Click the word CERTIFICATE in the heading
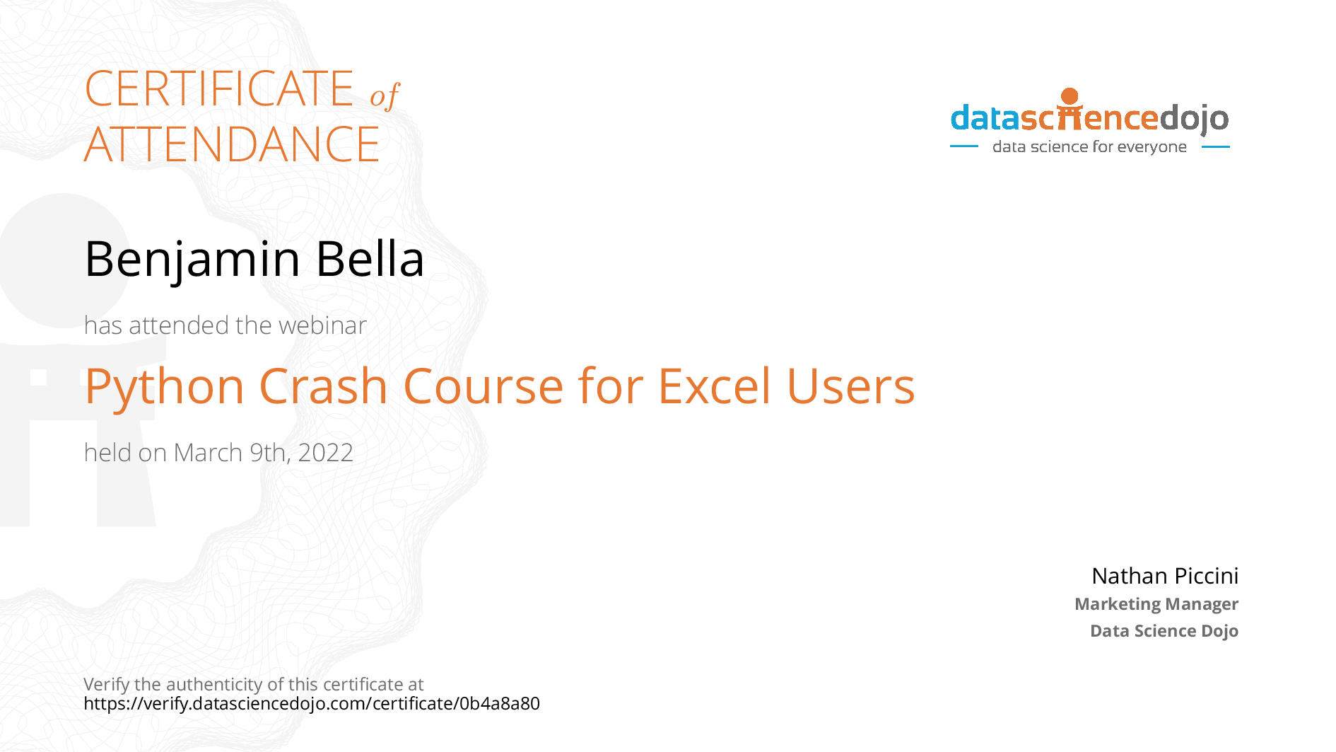click(x=219, y=88)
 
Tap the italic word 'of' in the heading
click(x=385, y=96)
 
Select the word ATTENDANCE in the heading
click(x=232, y=144)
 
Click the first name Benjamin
click(x=192, y=260)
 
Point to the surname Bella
click(x=370, y=259)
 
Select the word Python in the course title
click(x=165, y=388)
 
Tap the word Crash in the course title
click(x=324, y=386)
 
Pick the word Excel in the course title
click(x=714, y=386)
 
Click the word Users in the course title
click(x=850, y=386)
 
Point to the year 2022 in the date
click(x=325, y=453)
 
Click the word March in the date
click(x=208, y=453)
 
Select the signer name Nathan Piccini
click(x=1165, y=576)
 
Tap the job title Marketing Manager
click(x=1156, y=604)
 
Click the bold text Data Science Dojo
click(x=1164, y=631)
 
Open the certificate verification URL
click(x=312, y=704)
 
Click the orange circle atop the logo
click(x=1070, y=97)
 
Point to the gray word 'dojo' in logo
click(x=1194, y=119)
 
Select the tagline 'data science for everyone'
click(x=1089, y=146)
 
